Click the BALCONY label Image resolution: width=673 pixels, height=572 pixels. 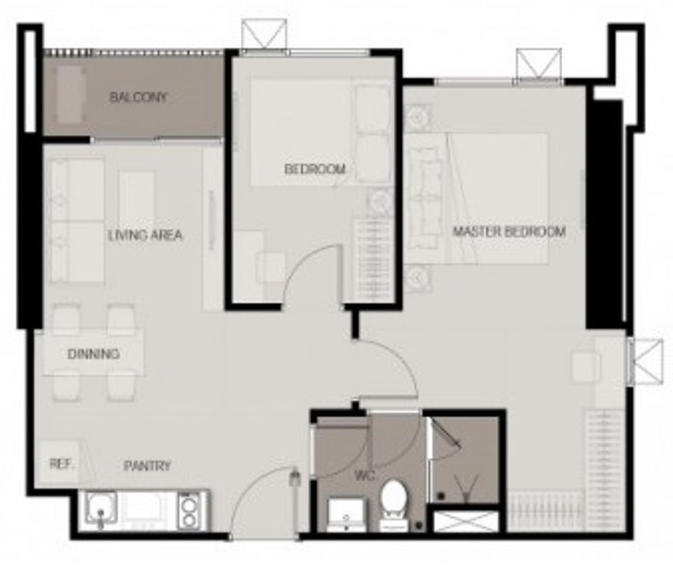tap(138, 97)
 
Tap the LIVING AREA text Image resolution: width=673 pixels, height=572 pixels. tap(145, 235)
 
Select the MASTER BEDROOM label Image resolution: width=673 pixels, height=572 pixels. tap(510, 231)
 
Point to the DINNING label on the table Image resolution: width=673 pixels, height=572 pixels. tap(94, 354)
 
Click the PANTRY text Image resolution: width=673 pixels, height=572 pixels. tap(147, 466)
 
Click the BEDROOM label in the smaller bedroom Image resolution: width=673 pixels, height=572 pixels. tap(315, 169)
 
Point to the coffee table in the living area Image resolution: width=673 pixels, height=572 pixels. tap(136, 199)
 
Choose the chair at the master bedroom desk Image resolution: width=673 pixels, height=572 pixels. tap(585, 365)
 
